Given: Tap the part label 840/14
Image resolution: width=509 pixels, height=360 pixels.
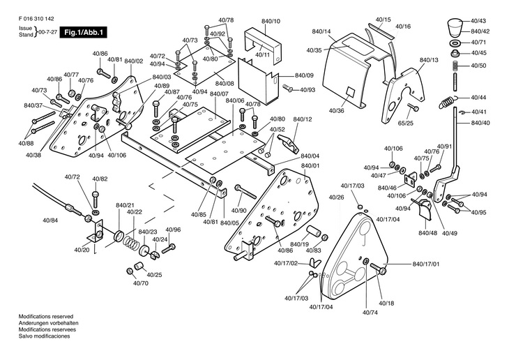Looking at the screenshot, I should (x=321, y=32).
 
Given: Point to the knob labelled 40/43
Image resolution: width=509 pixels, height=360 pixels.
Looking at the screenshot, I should (x=453, y=26).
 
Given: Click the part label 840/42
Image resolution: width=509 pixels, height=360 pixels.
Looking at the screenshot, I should (x=480, y=31).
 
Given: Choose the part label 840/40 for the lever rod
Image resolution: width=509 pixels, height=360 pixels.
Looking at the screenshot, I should (x=480, y=123).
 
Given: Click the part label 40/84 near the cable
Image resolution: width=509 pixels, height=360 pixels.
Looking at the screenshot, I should (x=50, y=220).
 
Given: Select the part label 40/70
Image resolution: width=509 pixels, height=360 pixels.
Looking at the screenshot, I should (x=140, y=283).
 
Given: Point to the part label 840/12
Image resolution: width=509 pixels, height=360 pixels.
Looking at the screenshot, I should (x=303, y=119).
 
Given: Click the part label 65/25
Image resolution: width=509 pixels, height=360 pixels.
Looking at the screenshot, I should (x=405, y=123).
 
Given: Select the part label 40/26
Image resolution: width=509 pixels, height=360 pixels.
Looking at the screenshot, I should (x=335, y=197).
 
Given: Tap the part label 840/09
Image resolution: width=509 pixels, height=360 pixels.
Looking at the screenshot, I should (x=304, y=75).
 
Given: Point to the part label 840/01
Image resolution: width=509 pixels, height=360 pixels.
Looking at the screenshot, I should (x=310, y=165).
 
